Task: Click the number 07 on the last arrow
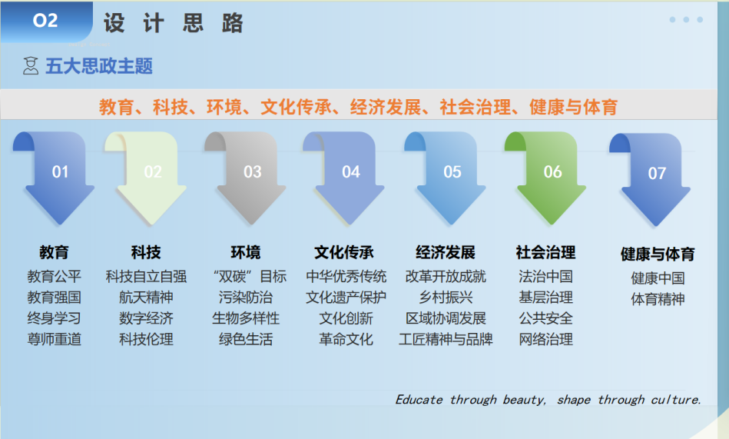click(657, 174)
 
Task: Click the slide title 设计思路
click(174, 23)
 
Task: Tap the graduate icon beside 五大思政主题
click(31, 65)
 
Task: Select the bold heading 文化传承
click(344, 252)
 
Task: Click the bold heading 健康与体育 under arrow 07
click(658, 254)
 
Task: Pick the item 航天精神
click(146, 298)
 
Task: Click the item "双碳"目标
click(250, 277)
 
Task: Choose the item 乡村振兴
click(446, 298)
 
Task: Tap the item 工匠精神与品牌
click(446, 339)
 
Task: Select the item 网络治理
click(546, 339)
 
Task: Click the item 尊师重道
click(54, 339)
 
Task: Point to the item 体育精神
click(658, 299)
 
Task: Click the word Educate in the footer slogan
click(419, 400)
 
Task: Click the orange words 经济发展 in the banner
click(386, 107)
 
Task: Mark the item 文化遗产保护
click(346, 298)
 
